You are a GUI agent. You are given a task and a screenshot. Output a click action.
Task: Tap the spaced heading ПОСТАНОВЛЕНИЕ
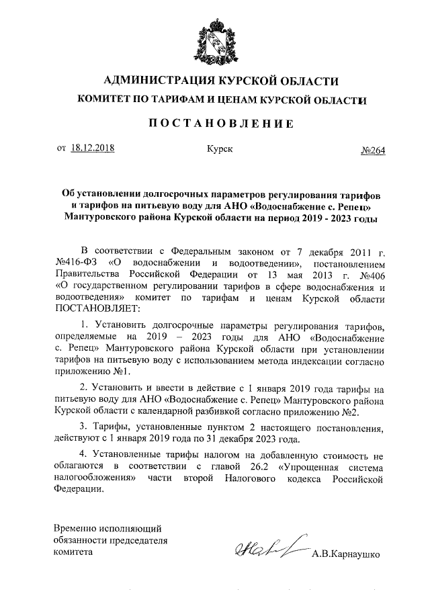point(214,124)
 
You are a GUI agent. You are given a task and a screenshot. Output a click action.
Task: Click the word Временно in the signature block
point(77,529)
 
